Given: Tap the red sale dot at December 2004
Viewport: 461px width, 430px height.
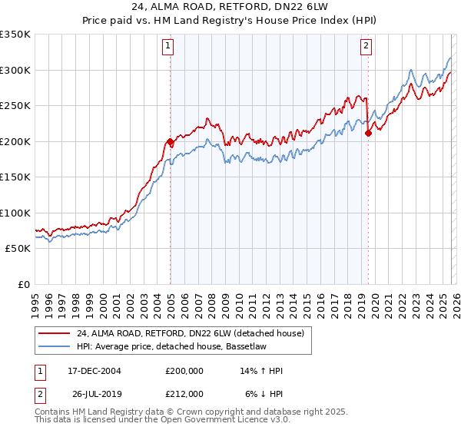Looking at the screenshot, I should (x=170, y=142).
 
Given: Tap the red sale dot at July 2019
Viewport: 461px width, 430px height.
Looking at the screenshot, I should (x=368, y=133).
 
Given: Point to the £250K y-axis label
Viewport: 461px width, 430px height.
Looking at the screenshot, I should (x=15, y=105).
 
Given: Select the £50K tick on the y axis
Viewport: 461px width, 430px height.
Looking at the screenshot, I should (x=18, y=249).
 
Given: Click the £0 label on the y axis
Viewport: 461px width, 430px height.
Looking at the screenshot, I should (x=24, y=284).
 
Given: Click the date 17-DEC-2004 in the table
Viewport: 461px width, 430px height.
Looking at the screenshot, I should (x=95, y=371).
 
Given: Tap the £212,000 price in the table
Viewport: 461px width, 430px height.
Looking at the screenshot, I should (x=184, y=393).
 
